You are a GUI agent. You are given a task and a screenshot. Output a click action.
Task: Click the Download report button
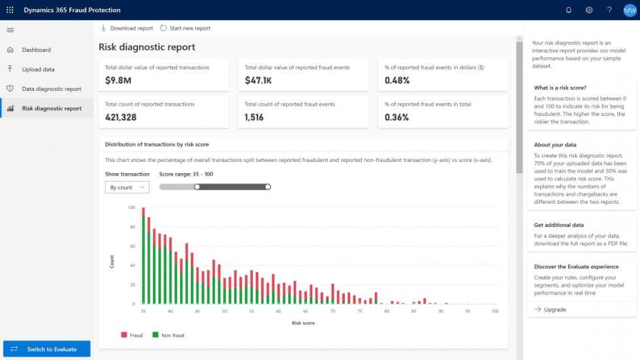click(127, 28)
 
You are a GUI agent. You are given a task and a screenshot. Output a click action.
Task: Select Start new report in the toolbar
click(185, 28)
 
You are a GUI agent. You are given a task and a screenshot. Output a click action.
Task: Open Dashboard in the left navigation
click(36, 50)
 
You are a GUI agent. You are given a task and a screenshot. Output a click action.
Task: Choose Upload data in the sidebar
click(38, 69)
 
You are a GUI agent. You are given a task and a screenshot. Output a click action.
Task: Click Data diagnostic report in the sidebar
click(51, 89)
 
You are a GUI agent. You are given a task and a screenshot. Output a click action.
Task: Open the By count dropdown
click(127, 188)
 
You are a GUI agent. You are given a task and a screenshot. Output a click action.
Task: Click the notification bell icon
click(569, 10)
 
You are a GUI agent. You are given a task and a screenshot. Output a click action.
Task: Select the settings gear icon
click(589, 10)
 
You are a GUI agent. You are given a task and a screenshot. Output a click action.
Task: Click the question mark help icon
click(609, 10)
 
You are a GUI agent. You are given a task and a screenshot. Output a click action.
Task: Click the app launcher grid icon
click(10, 10)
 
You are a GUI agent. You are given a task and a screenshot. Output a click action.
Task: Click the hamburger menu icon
click(10, 30)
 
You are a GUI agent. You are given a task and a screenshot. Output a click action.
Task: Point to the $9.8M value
click(118, 80)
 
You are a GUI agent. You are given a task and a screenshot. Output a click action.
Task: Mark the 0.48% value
click(397, 80)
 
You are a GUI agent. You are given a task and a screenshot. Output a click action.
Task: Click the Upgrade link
click(554, 310)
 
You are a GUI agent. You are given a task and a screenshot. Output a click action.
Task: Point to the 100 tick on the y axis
click(131, 208)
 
